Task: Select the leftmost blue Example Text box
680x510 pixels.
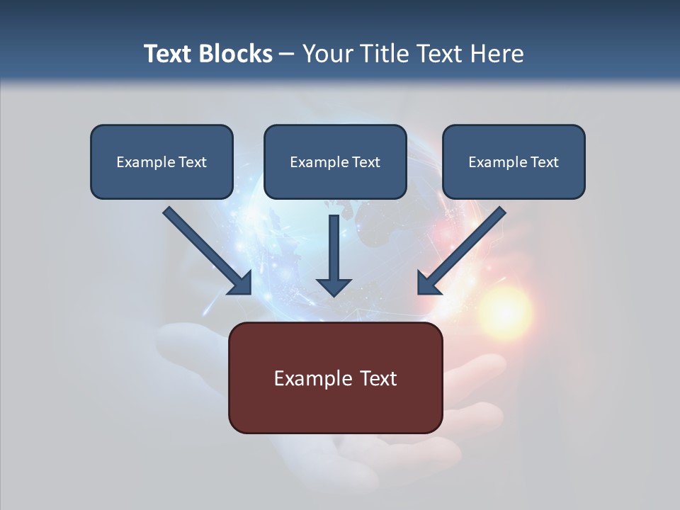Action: tap(161, 162)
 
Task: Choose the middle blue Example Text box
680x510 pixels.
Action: tap(335, 162)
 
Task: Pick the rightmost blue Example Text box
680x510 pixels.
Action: tap(514, 162)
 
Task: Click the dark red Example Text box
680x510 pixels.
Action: tap(335, 378)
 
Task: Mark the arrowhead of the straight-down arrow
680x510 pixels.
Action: tap(334, 286)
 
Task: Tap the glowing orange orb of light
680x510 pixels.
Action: tap(504, 311)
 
